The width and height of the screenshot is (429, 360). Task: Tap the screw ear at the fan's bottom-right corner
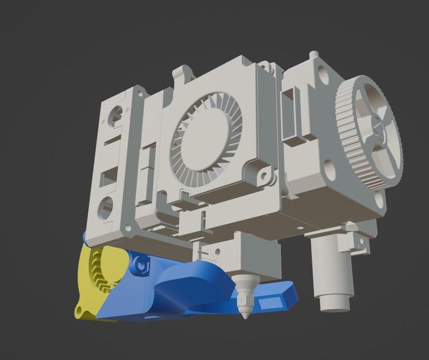[264, 175]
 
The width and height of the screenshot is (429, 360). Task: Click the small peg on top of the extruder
[314, 55]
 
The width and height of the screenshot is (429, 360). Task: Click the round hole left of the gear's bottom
[330, 170]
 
